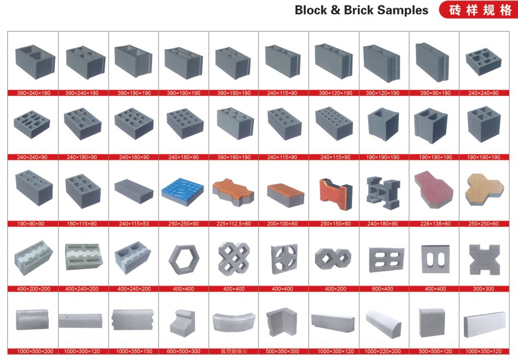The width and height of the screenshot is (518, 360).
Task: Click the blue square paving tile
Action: coord(182,192)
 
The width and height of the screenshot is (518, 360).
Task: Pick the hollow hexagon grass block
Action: coord(184,260)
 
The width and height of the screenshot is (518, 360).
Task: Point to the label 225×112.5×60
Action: coord(234,224)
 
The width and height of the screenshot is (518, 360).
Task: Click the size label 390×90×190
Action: coord(435,93)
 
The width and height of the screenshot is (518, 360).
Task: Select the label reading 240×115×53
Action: coord(134,224)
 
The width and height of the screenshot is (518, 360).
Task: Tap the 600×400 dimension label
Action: coord(382,289)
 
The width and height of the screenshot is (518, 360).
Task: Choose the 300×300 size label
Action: coord(484,289)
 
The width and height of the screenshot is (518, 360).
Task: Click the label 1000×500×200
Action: coord(34,351)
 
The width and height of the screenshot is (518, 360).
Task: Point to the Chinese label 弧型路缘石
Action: coord(234,351)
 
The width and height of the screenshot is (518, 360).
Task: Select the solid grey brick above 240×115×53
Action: coord(134,191)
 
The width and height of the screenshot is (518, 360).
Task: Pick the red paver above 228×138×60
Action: coord(434,189)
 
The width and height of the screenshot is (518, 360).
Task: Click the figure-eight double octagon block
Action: coord(333,259)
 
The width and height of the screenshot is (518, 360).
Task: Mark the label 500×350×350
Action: coord(282,351)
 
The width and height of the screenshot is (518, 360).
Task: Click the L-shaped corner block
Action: coord(282,322)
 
